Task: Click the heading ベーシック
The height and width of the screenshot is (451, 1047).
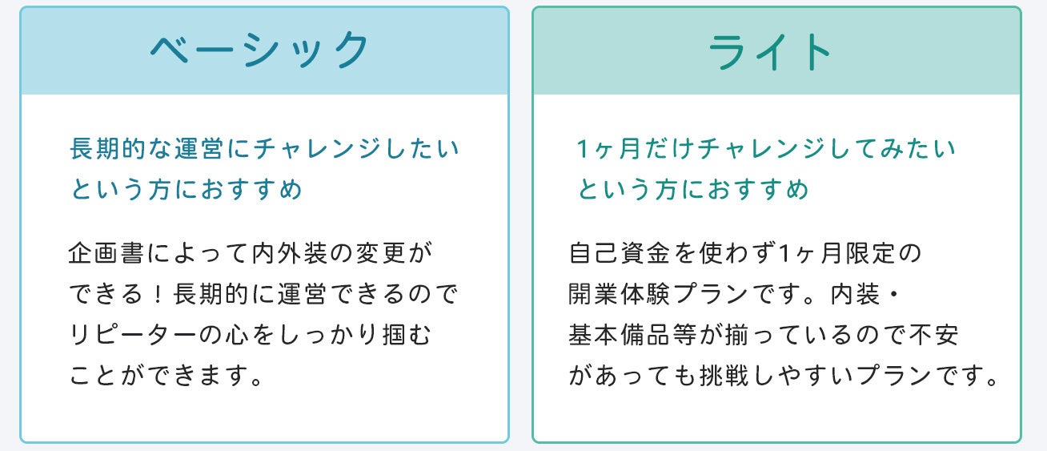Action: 260,50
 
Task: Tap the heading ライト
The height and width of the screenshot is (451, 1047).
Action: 772,52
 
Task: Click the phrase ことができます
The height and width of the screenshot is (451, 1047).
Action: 166,376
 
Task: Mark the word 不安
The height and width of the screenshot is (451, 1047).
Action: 938,336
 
